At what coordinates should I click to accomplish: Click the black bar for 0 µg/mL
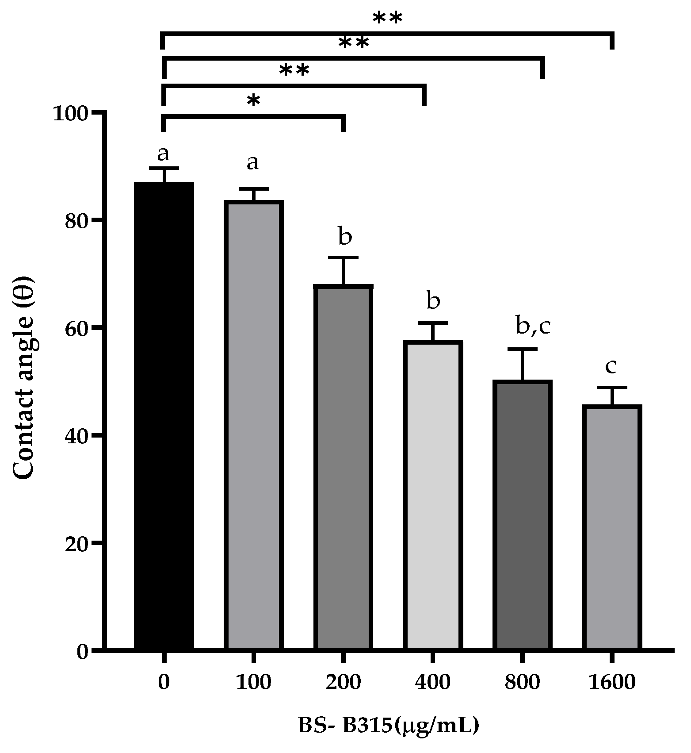tap(164, 416)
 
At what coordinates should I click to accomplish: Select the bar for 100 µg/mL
tap(253, 425)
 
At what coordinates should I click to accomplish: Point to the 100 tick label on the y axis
tap(71, 113)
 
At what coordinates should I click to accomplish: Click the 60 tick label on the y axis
tap(77, 328)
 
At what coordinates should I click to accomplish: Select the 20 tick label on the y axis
tap(77, 543)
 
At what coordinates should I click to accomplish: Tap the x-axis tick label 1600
tap(611, 682)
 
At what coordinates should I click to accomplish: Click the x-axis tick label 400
tap(432, 682)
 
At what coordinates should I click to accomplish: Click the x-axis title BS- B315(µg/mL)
tap(388, 726)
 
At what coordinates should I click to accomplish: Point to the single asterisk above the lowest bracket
tap(253, 101)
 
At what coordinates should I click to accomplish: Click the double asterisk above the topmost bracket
tap(387, 19)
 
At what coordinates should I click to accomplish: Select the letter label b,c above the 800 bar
tap(533, 327)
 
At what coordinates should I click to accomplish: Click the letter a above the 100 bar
tap(252, 162)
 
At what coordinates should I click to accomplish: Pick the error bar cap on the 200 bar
tap(343, 257)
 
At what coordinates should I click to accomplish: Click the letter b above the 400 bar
tap(433, 301)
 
